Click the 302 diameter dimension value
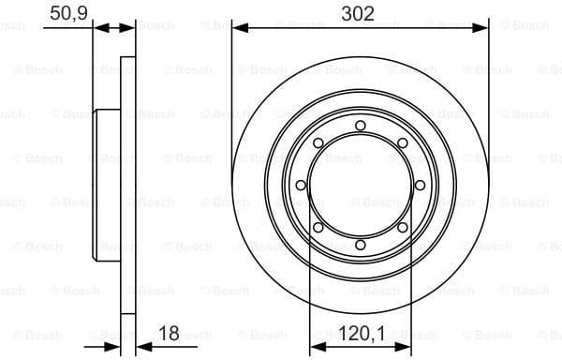[359, 13]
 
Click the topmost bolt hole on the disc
[360, 126]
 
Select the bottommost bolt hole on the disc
[360, 245]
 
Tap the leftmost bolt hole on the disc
[301, 185]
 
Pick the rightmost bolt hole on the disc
[420, 185]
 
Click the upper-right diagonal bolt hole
[402, 142]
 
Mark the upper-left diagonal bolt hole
[318, 142]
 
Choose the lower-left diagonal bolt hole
[318, 227]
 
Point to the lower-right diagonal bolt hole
[402, 227]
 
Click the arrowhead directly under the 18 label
[141, 347]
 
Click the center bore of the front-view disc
[360, 185]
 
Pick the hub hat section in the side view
[107, 185]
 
